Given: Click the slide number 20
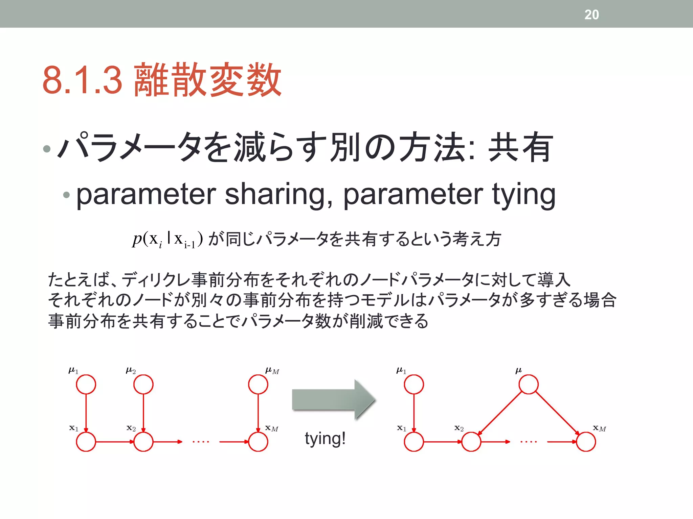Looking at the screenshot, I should click(x=591, y=15).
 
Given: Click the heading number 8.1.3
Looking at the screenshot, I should click(x=82, y=80).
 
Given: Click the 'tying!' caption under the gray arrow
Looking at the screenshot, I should click(x=325, y=439).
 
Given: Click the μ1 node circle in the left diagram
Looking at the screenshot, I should click(x=86, y=385).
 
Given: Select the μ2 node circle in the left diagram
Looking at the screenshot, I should click(x=143, y=385).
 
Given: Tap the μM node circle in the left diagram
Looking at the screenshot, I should click(x=258, y=385).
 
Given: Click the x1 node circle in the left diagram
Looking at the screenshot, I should click(x=86, y=442).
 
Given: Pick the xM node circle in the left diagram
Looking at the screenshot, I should click(x=258, y=442).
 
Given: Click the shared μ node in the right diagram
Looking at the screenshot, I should click(x=529, y=385).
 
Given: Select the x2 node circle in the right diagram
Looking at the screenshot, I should click(x=471, y=442).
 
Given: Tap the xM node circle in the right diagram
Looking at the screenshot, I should click(x=586, y=442).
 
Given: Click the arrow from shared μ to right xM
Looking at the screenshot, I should click(x=557, y=413).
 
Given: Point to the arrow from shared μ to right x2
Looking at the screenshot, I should click(x=500, y=413).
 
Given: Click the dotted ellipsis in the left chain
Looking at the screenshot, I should click(x=201, y=442).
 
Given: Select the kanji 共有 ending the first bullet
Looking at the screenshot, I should click(x=520, y=148).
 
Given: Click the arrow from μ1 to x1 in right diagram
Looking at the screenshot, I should click(x=414, y=413).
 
